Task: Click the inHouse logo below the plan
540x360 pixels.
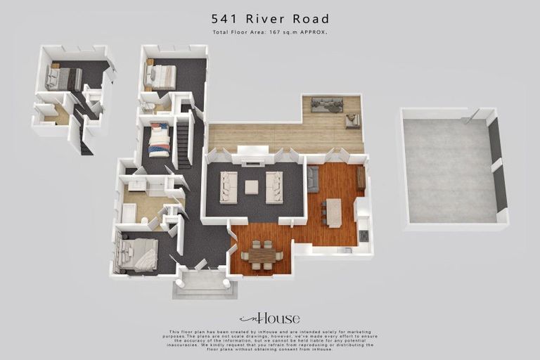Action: click(269, 318)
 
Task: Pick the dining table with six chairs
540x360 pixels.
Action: click(262, 256)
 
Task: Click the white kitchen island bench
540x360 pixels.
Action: click(334, 212)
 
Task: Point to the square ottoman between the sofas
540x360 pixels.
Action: click(251, 187)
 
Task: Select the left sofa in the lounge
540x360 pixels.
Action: click(229, 187)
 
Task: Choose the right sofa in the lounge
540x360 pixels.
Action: click(274, 187)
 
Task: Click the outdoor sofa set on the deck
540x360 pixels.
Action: click(326, 105)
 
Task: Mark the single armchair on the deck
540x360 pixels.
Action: click(352, 121)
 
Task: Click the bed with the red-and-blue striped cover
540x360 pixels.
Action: click(159, 141)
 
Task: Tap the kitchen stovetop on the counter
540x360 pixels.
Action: click(363, 236)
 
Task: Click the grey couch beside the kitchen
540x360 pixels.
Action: click(313, 179)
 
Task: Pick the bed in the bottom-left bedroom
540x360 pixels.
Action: click(138, 254)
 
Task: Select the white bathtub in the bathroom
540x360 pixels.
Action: click(129, 212)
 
